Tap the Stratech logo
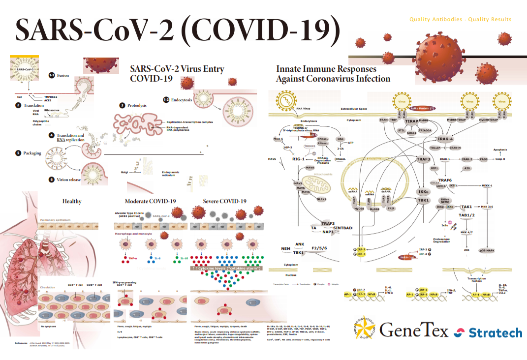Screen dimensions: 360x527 tap(495, 333)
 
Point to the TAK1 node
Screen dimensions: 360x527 tap(466, 207)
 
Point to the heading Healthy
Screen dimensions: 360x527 tap(72, 201)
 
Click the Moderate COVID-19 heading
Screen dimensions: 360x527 tap(150, 201)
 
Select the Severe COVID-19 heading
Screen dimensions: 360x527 tap(225, 201)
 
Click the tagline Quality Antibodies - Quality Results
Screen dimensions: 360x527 tap(460, 20)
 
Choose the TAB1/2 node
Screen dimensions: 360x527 tap(466, 215)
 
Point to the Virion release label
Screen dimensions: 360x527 tap(68, 180)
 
